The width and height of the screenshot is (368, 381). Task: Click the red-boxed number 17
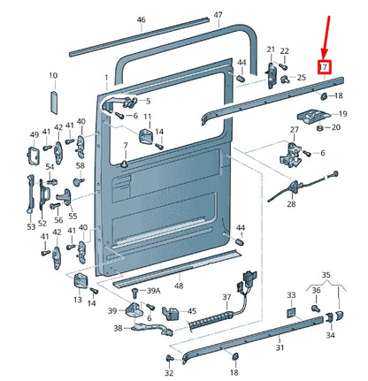click(324, 67)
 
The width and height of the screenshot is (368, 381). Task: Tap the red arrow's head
click(325, 55)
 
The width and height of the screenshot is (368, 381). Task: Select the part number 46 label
click(142, 19)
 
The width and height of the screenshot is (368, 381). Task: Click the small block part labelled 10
click(54, 103)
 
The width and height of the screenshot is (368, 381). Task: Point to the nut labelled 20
click(319, 128)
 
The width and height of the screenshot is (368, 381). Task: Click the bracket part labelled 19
click(312, 116)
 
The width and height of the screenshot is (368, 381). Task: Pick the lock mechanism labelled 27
click(291, 154)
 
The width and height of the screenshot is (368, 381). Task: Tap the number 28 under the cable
click(291, 204)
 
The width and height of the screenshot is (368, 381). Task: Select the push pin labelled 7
click(126, 164)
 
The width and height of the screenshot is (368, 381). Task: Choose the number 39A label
click(154, 291)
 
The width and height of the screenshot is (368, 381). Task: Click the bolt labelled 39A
click(134, 293)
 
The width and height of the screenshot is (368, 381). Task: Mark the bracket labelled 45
click(171, 313)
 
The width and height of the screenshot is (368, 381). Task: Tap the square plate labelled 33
click(291, 313)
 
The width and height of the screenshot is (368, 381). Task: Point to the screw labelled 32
click(170, 359)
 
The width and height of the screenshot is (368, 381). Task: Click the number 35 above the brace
click(326, 275)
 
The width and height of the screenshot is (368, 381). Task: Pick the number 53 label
click(31, 226)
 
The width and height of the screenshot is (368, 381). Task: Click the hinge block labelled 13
click(80, 281)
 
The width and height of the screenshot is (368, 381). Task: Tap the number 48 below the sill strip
click(179, 286)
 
